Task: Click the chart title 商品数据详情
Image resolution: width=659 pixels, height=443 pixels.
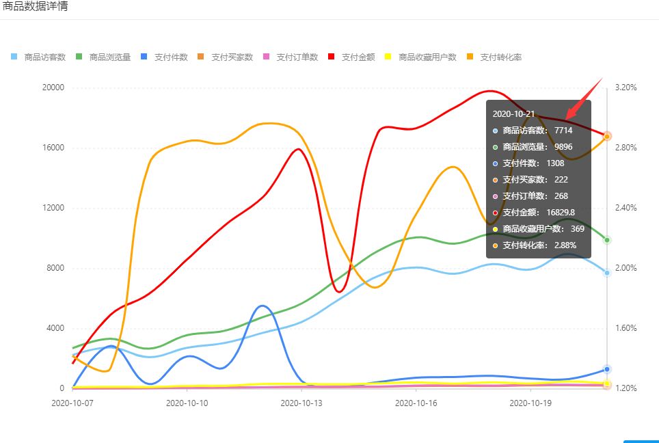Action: [34, 6]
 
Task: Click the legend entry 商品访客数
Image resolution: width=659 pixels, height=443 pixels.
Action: [39, 57]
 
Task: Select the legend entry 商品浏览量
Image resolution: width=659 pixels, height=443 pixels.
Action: [104, 57]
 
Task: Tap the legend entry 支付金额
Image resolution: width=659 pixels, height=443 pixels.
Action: [352, 57]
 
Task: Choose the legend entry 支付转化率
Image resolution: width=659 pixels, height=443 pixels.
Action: [495, 57]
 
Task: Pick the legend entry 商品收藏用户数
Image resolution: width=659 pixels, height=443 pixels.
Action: [421, 57]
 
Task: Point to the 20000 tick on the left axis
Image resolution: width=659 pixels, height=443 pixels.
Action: [53, 88]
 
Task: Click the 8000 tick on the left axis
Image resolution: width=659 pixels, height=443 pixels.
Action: [55, 268]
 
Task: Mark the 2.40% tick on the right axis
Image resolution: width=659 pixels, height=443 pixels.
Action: [626, 208]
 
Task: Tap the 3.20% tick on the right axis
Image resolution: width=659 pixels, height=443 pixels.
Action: [626, 88]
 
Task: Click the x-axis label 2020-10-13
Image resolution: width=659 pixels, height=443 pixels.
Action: [301, 403]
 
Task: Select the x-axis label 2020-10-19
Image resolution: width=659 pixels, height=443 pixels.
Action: [530, 403]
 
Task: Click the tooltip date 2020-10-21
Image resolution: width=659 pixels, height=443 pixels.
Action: [513, 114]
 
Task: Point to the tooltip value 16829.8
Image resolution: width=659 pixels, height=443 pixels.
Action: [561, 212]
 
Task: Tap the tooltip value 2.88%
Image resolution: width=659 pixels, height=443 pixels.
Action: [565, 245]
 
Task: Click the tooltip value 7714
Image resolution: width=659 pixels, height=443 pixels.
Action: [563, 131]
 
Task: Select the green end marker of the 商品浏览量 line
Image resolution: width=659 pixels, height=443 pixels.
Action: [607, 241]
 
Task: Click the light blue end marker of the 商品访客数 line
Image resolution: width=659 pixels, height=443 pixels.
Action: [607, 273]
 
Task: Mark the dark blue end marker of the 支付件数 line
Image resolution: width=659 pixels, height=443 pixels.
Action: [607, 369]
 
